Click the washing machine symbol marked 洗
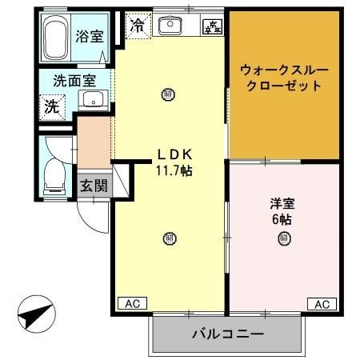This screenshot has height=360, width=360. pos(51,104)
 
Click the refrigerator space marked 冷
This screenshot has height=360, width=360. pos(138,25)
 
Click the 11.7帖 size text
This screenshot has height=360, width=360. pos(173,170)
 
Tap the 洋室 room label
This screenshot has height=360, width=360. pos(280,202)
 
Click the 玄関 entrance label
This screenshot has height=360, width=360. pos(94,186)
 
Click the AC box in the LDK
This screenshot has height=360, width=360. pos(132,304)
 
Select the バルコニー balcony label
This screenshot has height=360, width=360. pos(228,333)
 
